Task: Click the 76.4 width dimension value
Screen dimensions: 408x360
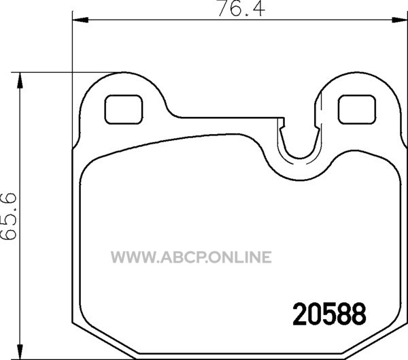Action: tap(241, 9)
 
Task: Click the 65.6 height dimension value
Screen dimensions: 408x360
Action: tap(9, 216)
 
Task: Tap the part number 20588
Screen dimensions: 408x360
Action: tap(329, 314)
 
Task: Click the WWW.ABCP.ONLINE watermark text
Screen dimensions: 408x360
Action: tap(191, 257)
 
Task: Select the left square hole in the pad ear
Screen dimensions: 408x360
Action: tap(124, 110)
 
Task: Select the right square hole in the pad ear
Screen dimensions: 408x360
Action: tap(357, 110)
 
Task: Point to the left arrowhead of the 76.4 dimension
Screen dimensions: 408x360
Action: tap(80, 20)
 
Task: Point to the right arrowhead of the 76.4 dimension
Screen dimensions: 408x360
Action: tap(400, 20)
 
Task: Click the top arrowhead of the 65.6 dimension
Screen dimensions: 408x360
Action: tap(20, 80)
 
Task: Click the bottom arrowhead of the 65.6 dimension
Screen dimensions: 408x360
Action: tap(20, 352)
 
